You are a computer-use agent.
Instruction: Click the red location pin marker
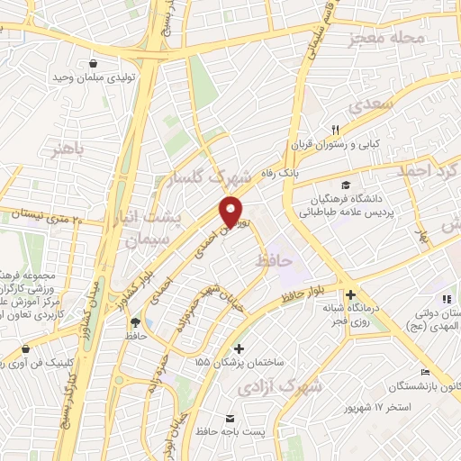[x=233, y=211]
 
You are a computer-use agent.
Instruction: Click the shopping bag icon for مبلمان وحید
[x=95, y=63]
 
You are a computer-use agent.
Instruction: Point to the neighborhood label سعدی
[x=375, y=105]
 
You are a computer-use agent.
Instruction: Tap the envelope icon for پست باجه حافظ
[x=230, y=419]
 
